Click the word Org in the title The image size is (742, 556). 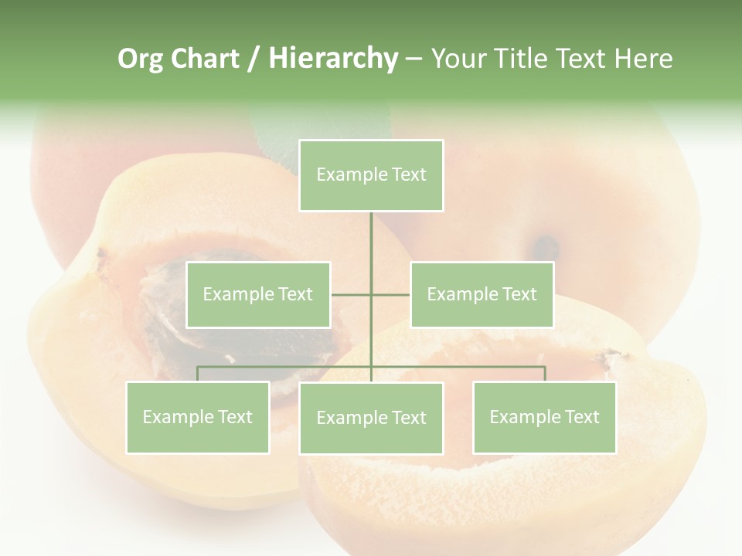pos(140,59)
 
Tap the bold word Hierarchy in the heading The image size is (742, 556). pos(332,59)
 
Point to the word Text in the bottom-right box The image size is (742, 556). pos(581,417)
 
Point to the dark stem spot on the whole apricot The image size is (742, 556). pos(546,247)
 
